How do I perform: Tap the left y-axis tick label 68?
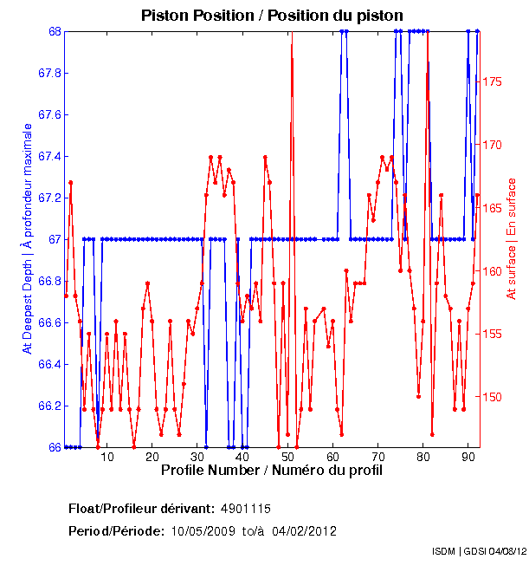coord(51,31)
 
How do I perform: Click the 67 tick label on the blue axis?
coord(51,239)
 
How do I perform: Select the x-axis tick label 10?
coord(106,456)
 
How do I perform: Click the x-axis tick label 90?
coord(468,456)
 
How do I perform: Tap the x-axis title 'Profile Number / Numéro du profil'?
coord(271,470)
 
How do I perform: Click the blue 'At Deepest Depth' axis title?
coord(27,238)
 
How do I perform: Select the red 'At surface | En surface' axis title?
coord(512,239)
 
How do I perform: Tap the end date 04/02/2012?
coord(304,530)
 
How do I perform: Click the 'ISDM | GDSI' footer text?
coord(460,551)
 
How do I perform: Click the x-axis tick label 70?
coord(378,456)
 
